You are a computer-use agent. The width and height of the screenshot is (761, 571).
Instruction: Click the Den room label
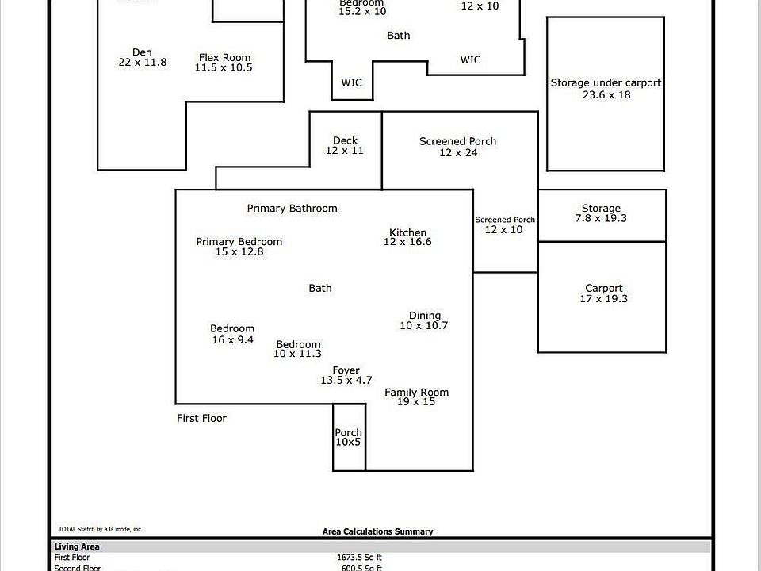(143, 53)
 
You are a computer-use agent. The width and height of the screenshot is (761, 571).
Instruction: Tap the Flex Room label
(224, 58)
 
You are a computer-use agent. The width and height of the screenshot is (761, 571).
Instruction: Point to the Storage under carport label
(606, 83)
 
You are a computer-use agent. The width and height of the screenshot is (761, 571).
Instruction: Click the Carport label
(604, 289)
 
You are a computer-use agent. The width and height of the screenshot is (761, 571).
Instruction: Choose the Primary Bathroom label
(292, 209)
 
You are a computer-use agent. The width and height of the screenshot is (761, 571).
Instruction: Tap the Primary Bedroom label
(239, 242)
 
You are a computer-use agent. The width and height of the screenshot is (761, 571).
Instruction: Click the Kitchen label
(407, 233)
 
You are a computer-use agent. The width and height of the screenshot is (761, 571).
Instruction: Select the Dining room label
(425, 316)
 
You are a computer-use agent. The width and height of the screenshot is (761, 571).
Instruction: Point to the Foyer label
(346, 370)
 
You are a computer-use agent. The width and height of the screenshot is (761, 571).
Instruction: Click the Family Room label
(416, 393)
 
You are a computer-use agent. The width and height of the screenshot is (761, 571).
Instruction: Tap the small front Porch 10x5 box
(348, 437)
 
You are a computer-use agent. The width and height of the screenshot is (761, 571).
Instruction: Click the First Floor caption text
(201, 419)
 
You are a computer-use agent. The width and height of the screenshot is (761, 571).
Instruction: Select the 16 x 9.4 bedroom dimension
(232, 339)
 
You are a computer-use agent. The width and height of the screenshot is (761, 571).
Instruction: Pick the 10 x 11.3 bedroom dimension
(298, 354)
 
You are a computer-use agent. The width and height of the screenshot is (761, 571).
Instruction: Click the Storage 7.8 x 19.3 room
(601, 213)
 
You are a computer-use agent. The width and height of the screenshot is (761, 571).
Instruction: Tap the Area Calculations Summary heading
(377, 531)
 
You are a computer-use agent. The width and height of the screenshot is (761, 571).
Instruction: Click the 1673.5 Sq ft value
(359, 558)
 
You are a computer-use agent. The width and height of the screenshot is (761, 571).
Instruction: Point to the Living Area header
(76, 546)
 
